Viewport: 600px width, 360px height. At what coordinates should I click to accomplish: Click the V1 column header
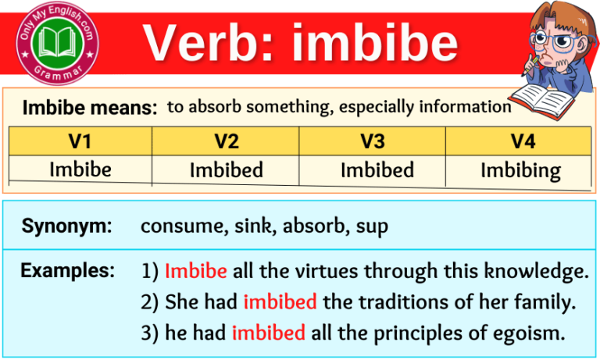point(80,141)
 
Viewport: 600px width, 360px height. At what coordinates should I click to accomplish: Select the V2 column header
point(226,141)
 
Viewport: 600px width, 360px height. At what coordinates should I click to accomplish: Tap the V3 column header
point(372,141)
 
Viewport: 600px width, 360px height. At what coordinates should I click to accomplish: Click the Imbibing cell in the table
point(520,169)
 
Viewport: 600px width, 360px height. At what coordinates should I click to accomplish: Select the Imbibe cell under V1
point(80,169)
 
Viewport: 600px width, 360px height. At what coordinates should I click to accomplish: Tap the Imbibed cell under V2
point(227,169)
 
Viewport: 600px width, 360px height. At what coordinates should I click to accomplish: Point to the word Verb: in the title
point(210,42)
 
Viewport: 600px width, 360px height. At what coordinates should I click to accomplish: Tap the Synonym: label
point(66,226)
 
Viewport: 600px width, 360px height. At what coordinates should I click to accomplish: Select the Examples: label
point(67,271)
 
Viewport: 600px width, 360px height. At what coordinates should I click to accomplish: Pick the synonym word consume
point(177,226)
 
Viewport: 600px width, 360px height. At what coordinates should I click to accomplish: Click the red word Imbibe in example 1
point(196,272)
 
